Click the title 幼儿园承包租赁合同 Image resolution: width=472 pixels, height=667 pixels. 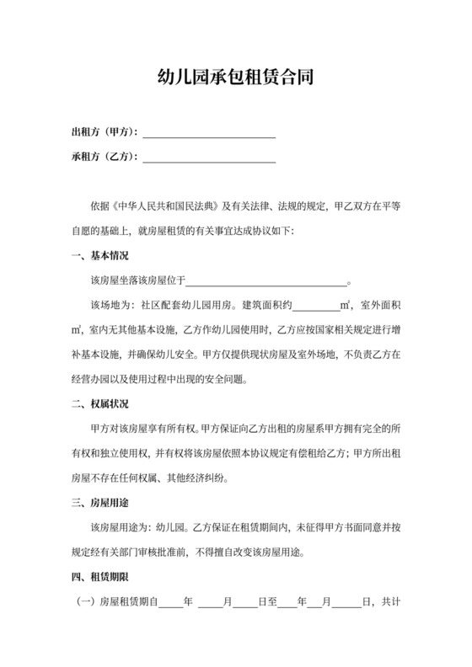point(236,78)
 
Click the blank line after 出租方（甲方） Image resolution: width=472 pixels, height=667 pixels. point(210,133)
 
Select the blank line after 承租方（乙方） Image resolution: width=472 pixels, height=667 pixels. point(210,157)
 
